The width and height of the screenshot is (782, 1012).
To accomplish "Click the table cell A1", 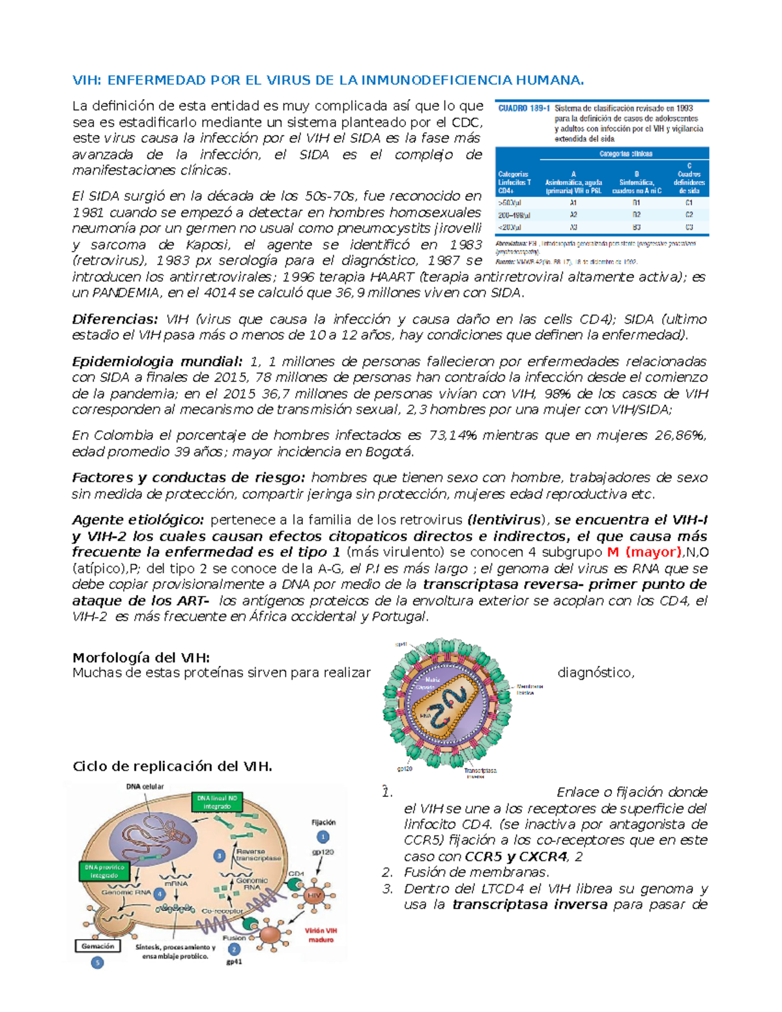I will point(573,203).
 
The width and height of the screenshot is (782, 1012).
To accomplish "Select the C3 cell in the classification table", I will point(689,227).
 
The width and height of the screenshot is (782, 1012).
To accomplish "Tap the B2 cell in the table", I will point(636,214).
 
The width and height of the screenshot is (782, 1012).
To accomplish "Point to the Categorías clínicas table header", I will point(626,154).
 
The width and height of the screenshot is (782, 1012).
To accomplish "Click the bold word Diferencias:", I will point(115,319).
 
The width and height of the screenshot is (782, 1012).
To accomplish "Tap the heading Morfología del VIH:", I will point(141,658).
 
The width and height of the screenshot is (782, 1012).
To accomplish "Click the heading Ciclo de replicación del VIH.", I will point(172,766).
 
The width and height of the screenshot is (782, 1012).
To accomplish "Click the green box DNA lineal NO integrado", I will point(217,802).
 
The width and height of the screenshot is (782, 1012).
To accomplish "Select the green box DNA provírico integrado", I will point(104,871).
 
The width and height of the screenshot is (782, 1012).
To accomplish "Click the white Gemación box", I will point(98,946).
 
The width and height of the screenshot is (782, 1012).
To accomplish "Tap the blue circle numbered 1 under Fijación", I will point(323,837).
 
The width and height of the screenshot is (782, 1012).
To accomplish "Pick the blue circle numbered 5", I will point(97,962).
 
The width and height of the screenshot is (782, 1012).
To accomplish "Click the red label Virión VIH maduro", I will point(321,935).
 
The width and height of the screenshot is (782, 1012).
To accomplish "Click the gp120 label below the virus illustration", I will point(404,769).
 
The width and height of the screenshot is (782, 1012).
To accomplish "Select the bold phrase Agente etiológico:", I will point(138,520).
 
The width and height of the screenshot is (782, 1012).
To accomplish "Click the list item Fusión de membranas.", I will point(476,873).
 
